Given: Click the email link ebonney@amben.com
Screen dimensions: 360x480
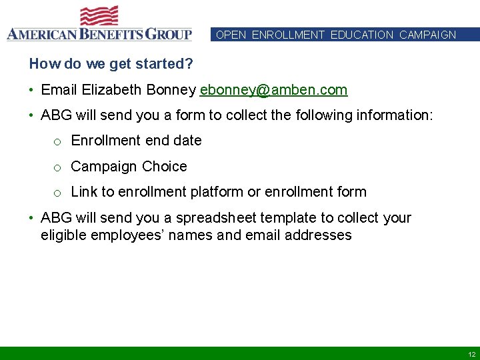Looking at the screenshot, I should point(273,90).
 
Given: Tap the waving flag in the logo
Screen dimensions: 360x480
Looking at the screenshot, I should point(99,16).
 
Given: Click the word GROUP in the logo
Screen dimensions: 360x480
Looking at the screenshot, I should point(165,33).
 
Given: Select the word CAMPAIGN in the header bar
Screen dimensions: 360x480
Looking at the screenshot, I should point(427,35).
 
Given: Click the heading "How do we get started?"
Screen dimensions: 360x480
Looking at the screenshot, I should point(111,64).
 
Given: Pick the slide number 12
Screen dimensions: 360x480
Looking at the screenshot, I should point(471,354).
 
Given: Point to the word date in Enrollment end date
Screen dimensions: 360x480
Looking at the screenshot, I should point(187,141).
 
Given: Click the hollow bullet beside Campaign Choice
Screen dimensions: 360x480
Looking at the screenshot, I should point(58,168).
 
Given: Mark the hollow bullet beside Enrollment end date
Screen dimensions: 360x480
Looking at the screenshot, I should point(58,142).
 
